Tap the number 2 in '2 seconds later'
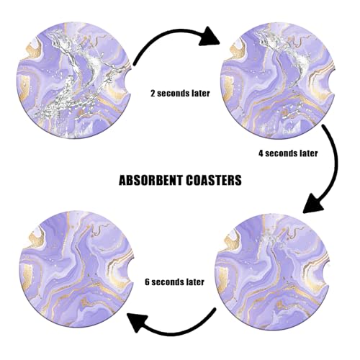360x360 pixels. point(153,93)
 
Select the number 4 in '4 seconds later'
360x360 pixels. point(261,153)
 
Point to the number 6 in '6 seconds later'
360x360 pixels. point(147,282)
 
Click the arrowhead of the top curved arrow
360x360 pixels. point(210,37)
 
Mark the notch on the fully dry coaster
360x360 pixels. point(130,269)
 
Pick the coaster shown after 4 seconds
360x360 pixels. point(274,272)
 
